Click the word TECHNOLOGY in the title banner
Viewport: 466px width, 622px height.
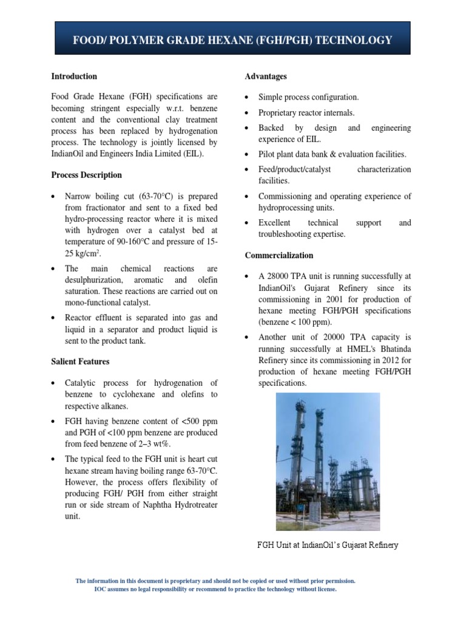pos(352,41)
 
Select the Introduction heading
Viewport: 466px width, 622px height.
pos(74,77)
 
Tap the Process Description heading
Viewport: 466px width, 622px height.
pos(86,175)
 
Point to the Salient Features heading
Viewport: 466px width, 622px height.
pos(80,362)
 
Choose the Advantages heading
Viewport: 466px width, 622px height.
pos(266,77)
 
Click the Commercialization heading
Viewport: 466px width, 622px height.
pos(279,256)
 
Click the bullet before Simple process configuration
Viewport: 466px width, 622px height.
pos(248,98)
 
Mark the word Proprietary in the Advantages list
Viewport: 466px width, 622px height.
pos(280,113)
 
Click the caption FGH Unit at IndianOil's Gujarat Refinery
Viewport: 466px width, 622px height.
pos(328,545)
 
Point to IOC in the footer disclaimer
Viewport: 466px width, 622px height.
pos(101,589)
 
